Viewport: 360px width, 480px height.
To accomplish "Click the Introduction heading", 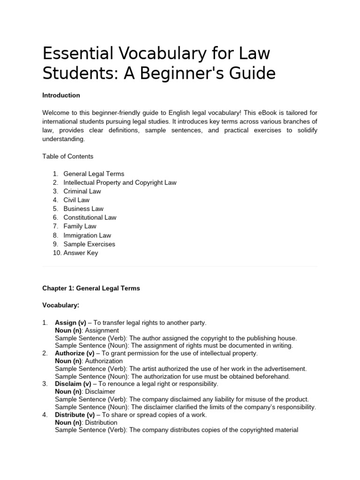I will coord(61,95).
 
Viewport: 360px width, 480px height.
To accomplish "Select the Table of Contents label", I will coord(67,156).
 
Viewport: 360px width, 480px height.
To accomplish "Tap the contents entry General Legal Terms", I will coord(94,174).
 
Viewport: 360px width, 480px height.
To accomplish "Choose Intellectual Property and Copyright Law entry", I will coord(120,182).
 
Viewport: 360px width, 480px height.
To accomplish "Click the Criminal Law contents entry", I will coord(82,191).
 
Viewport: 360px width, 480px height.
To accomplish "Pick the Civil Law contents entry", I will coord(76,200).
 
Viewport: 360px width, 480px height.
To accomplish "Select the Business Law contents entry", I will coord(83,209).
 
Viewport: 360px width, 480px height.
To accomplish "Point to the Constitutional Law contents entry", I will coord(90,217).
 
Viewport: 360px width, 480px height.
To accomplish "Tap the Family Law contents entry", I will coord(80,226).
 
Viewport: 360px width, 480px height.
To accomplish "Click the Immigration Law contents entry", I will coord(87,235).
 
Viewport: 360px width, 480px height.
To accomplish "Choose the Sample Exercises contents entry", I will coord(89,244).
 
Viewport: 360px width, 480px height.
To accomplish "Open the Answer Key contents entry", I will coord(81,253).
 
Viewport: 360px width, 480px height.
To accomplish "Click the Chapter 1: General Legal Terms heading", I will coord(91,288).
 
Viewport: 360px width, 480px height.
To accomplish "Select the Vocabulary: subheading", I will coord(61,305).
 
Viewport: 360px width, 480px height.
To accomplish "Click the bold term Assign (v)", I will coord(70,323).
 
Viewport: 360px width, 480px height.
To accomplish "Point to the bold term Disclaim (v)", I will coord(73,383).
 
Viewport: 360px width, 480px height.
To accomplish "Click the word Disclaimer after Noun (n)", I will coord(99,391).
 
